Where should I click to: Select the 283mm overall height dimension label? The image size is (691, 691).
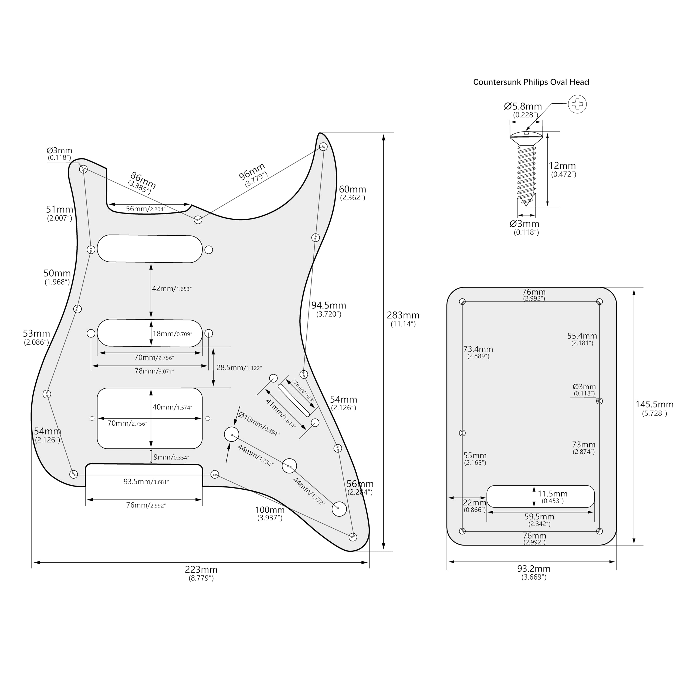(403, 316)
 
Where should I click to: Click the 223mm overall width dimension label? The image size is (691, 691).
(201, 569)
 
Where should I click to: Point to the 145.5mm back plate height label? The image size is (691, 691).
(654, 405)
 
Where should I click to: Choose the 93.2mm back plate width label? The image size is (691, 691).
(534, 569)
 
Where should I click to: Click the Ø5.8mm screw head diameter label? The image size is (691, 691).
(523, 107)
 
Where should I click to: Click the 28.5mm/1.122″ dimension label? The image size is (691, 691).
(239, 368)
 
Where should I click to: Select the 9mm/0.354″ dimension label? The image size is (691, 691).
(171, 457)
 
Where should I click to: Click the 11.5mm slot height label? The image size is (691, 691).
(552, 494)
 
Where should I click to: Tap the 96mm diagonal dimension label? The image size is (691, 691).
(252, 171)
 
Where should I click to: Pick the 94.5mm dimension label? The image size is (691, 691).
(328, 306)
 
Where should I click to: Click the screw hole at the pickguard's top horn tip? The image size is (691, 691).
(323, 147)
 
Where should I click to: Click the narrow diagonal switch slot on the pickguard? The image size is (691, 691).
(293, 400)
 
